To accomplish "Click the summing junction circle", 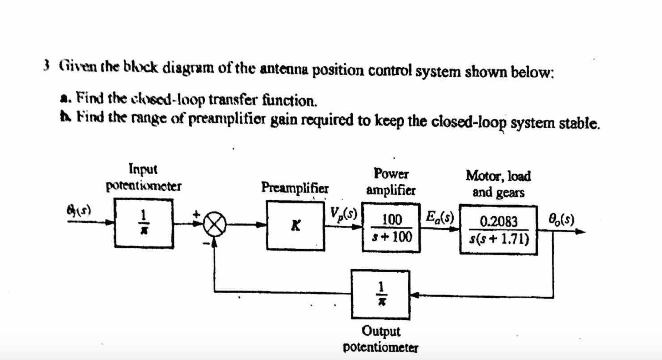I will (214, 224).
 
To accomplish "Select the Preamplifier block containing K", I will (295, 225).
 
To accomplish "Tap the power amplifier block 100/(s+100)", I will (391, 227).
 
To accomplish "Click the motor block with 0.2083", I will (498, 230).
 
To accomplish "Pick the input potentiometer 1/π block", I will (144, 223).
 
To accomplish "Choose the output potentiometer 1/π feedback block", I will (381, 294).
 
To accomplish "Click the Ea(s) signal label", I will (440, 216).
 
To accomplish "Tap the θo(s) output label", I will (561, 220).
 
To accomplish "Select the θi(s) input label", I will (79, 210).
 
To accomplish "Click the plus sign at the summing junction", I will (196, 214).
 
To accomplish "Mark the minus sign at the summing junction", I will (206, 243).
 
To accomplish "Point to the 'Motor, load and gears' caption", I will (498, 184).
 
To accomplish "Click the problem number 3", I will (46, 66).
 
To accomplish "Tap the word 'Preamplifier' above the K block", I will (295, 187).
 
